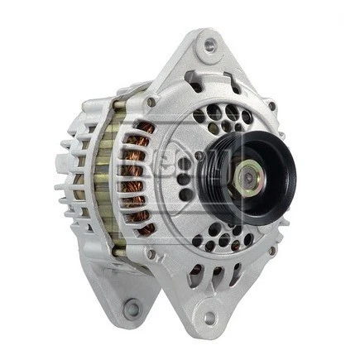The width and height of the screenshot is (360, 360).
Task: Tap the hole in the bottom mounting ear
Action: [209, 316]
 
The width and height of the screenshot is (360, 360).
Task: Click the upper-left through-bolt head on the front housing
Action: [151, 102]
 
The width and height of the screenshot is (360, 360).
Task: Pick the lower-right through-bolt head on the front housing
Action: [271, 250]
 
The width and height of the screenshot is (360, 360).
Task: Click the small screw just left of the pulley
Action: [199, 156]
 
